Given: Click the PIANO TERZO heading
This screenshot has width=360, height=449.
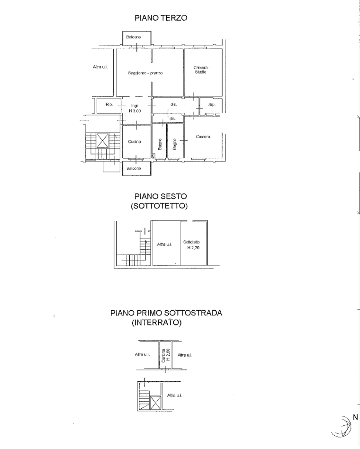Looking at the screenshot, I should click(161, 18).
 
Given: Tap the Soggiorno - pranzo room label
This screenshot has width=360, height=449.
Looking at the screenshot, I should click(145, 73).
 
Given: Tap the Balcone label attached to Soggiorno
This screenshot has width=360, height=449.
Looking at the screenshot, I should click(134, 37).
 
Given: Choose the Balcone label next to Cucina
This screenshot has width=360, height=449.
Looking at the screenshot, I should click(134, 169).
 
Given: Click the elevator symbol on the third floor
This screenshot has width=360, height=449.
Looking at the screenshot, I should click(102, 140).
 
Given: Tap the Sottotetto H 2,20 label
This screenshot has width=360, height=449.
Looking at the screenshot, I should click(194, 245).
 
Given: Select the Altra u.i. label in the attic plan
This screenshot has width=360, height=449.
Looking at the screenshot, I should click(164, 245).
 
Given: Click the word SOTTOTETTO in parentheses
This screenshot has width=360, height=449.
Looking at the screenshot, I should click(161, 206).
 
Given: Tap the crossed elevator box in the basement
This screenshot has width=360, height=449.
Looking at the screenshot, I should click(156, 403).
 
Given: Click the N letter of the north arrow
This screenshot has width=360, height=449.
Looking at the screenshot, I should click(355, 417).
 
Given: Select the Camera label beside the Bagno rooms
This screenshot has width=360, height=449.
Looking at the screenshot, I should click(203, 136).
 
